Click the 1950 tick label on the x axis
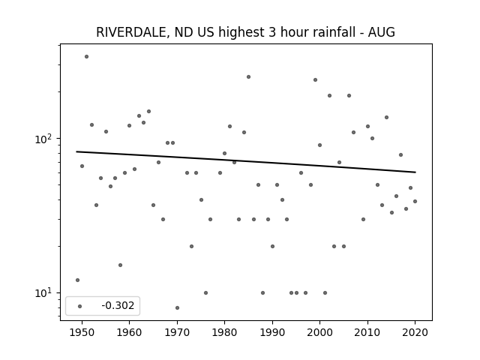coord(82,332)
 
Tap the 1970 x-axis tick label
coord(177,332)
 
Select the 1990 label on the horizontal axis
coord(272,332)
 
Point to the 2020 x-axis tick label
coord(415,332)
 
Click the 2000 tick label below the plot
coord(320,332)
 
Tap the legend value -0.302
coord(118,305)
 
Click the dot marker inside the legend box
coord(80,306)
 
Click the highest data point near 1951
coord(87,57)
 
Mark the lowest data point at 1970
coord(177,307)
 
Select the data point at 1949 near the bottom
coord(77,280)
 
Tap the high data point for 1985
coord(248,76)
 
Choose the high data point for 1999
coord(315,80)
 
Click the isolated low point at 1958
coord(120,265)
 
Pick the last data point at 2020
coord(415,202)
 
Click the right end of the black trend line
coord(415,172)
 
